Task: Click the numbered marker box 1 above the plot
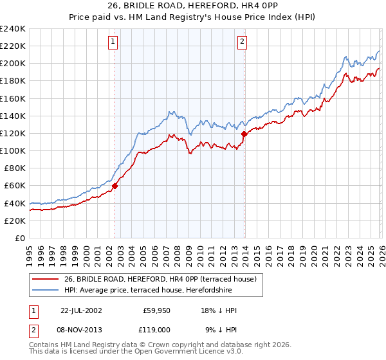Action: [113, 42]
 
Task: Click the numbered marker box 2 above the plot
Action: [243, 42]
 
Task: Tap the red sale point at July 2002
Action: [115, 186]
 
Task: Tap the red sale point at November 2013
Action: [244, 134]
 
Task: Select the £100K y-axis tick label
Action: [12, 150]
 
